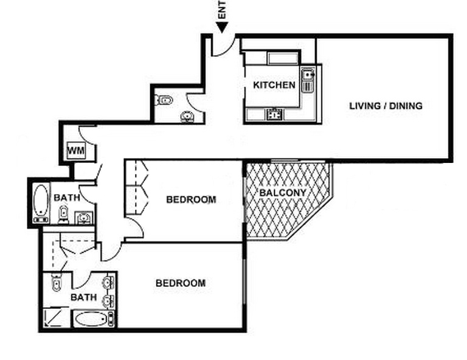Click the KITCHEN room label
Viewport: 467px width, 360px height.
click(274, 85)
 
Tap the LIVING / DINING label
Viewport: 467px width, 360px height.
click(386, 106)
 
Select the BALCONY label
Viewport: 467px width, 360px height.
click(283, 193)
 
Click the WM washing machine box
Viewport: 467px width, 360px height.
click(76, 151)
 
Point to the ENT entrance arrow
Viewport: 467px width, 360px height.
click(222, 27)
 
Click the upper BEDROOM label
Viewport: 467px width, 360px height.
click(191, 199)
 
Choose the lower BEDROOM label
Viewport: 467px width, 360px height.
click(181, 283)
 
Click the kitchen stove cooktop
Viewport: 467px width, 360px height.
click(275, 114)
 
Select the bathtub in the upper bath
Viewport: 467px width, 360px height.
click(41, 203)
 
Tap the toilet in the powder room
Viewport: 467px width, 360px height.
click(164, 100)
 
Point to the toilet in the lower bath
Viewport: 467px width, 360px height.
click(56, 282)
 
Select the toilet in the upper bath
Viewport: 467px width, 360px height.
click(63, 214)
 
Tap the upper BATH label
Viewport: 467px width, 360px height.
click(67, 198)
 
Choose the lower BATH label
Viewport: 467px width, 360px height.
click(84, 297)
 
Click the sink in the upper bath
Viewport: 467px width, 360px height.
click(84, 218)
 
